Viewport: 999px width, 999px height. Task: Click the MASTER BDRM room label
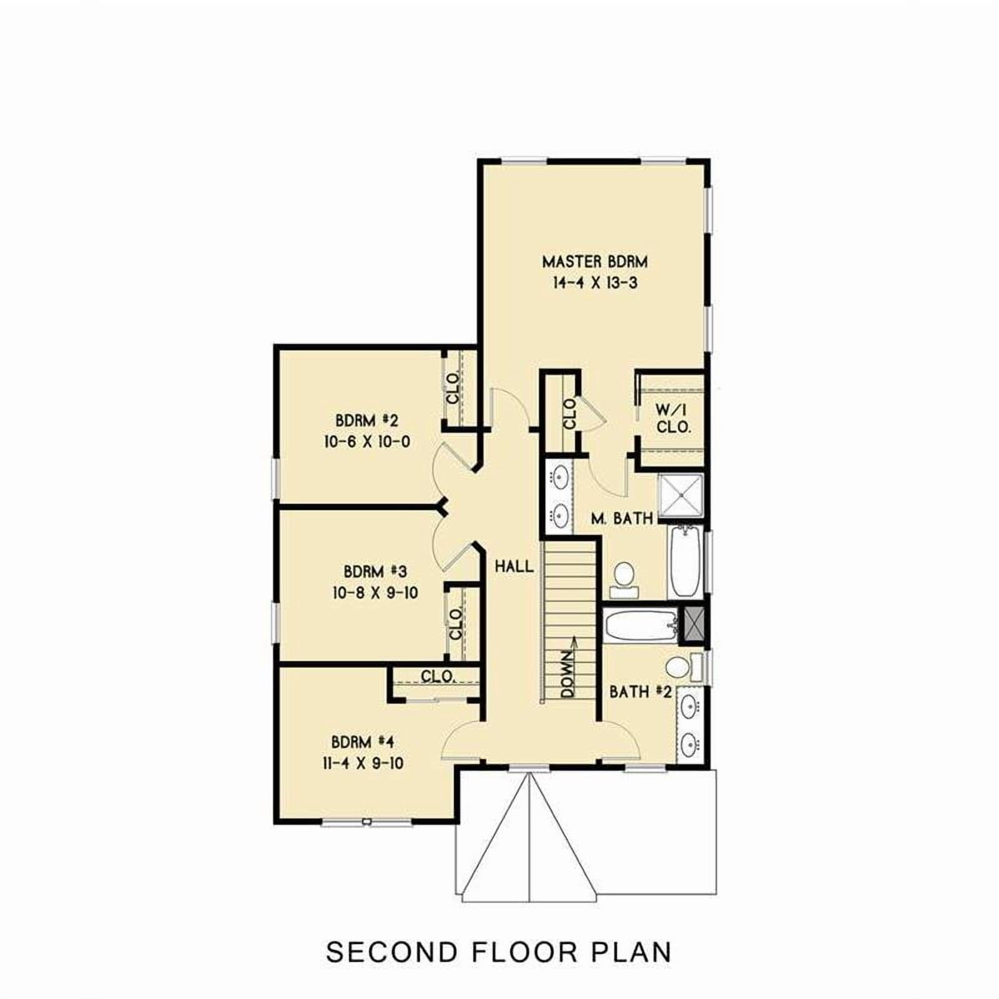pos(594,261)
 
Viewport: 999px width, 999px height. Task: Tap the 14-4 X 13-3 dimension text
pos(594,283)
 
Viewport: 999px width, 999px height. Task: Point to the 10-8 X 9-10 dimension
pos(375,593)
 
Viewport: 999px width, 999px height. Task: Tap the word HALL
pos(514,567)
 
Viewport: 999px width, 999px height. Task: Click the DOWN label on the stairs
pos(567,674)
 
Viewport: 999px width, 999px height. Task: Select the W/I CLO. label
pos(674,419)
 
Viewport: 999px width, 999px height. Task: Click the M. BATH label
pos(622,518)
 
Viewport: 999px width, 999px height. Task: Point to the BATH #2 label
pos(641,692)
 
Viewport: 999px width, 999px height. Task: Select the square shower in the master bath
pos(681,496)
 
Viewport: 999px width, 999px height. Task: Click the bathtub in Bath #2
pos(641,626)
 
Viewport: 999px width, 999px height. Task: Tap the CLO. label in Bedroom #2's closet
pos(453,387)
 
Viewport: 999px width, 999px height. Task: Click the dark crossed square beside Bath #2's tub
pos(692,626)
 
